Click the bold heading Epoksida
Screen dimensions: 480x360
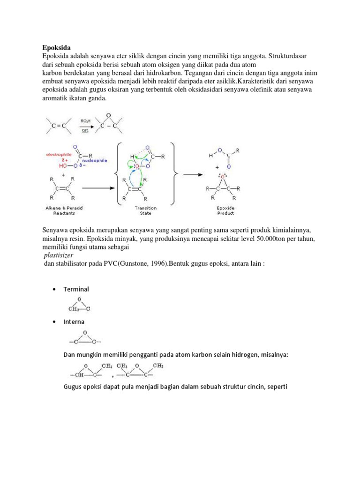[56, 47]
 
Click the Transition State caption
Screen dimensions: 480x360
[146, 210]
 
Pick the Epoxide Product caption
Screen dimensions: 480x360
[225, 210]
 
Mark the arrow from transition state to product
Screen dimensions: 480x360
[192, 173]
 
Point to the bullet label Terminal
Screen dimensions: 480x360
[76, 289]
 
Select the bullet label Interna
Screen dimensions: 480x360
[74, 322]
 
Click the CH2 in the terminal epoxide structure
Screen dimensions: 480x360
[74, 308]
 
